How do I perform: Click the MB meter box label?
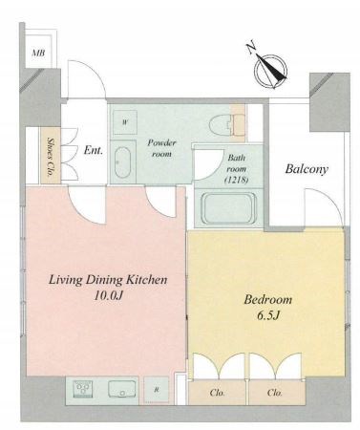[38, 53]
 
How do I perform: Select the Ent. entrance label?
[94, 150]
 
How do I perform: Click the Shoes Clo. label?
[50, 157]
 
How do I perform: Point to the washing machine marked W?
[125, 122]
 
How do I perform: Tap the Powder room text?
[161, 148]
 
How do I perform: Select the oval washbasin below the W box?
[123, 161]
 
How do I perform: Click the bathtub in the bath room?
[228, 208]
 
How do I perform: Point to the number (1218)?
[237, 180]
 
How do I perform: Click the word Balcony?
[307, 169]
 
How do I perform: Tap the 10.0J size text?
[108, 296]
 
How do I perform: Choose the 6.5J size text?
[268, 315]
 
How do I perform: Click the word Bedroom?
[268, 300]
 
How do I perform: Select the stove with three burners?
[83, 389]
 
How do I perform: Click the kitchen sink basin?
[122, 389]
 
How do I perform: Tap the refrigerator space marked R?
[157, 390]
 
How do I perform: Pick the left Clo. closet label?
[218, 393]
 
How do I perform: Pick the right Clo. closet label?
[275, 393]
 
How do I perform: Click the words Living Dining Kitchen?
[108, 280]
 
